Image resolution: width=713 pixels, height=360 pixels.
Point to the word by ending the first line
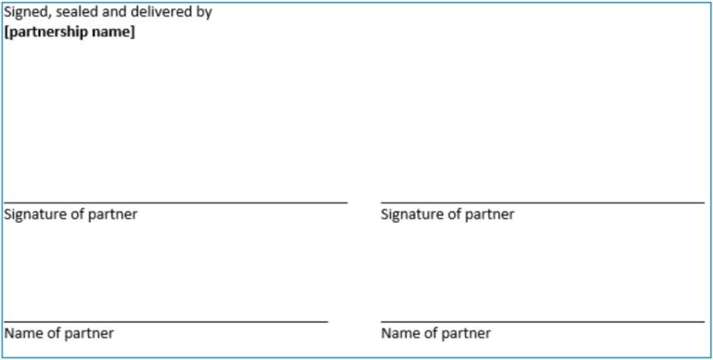tap(203, 14)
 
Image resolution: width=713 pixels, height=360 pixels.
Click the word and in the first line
tap(117, 13)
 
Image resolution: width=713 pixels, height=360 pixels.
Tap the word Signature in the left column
tap(34, 214)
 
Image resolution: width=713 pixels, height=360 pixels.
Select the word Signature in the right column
tap(411, 214)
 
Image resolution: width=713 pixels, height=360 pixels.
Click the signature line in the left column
tap(175, 201)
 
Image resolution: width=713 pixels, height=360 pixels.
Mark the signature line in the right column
tap(542, 201)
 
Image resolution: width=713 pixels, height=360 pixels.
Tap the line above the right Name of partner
tap(542, 321)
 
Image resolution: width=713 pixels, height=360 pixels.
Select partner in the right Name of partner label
tap(465, 333)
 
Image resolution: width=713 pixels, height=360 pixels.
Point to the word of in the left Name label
tap(53, 333)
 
